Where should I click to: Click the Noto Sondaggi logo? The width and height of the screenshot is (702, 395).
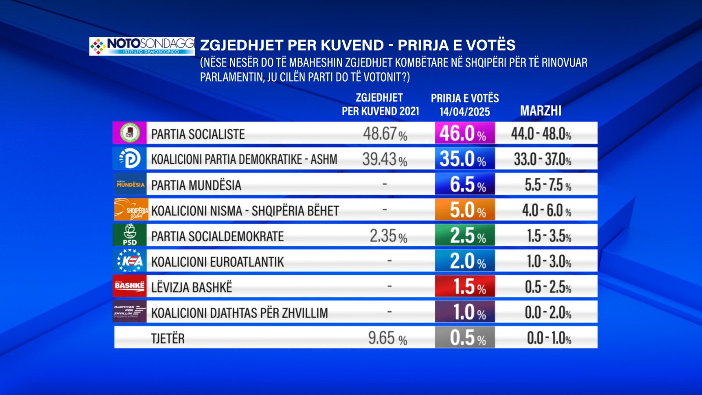tap(142, 46)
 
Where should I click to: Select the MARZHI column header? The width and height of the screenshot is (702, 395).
tap(541, 111)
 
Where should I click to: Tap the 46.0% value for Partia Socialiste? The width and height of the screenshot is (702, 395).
tap(464, 133)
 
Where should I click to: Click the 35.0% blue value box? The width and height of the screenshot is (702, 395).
tap(464, 158)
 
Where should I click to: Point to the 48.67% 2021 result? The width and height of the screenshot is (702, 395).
tap(385, 133)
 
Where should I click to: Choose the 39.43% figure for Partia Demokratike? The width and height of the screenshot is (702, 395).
tap(384, 159)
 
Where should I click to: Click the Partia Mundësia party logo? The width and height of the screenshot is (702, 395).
tap(130, 184)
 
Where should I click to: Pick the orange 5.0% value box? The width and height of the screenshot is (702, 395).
tap(465, 210)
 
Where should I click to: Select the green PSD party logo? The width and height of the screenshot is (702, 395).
tap(129, 235)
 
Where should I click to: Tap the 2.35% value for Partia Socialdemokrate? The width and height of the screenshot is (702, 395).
tap(388, 236)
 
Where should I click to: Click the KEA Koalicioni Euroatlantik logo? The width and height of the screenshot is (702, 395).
tap(129, 261)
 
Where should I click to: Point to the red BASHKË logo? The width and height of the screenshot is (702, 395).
tap(129, 286)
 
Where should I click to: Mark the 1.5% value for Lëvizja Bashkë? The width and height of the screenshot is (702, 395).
tap(465, 287)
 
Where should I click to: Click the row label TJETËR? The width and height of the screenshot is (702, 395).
tap(168, 338)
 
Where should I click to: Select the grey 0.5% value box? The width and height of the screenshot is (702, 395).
tap(465, 338)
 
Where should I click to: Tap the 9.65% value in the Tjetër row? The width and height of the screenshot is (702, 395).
tap(387, 338)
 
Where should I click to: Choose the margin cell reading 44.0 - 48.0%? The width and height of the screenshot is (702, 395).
tap(541, 133)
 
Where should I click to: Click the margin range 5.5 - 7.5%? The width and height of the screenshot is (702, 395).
tap(548, 185)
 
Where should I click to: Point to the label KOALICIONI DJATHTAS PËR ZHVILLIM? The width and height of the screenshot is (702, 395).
tap(240, 313)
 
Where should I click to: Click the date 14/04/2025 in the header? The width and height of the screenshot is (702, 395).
tap(465, 112)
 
